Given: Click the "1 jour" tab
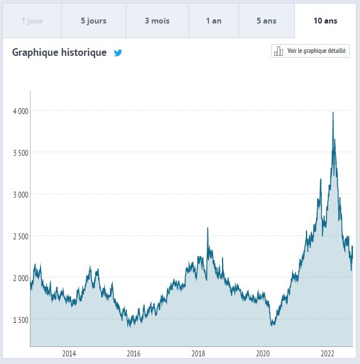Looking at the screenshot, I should point(32,21).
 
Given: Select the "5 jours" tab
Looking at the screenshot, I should point(93,21).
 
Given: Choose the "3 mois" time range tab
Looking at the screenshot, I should point(157,21).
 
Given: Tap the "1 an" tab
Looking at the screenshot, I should point(214,21).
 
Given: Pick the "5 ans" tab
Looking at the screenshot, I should point(267,21).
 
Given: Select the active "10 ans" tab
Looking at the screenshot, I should point(325,21).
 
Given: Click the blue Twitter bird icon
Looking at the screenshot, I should point(118,53).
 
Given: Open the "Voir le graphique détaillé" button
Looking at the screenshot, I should point(311,51).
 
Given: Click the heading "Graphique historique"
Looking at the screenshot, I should point(59,52).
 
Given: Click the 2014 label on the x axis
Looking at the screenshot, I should point(69,353).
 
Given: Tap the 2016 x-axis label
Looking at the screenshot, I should point(133,353).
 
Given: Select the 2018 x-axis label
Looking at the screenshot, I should point(198,353).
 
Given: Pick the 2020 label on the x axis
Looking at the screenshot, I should point(263,353).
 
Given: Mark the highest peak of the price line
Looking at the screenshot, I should point(333,112).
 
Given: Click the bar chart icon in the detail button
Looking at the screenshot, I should point(279,51).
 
